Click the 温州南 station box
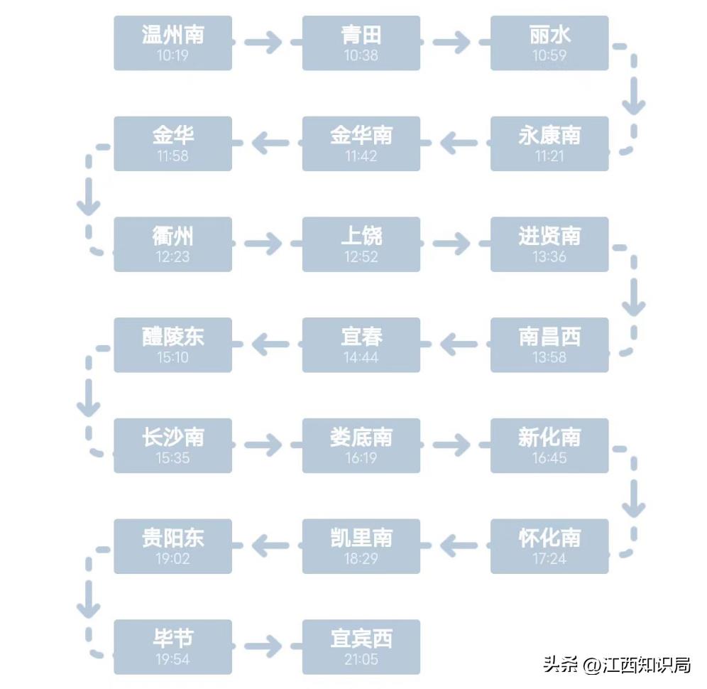pyautogui.click(x=172, y=43)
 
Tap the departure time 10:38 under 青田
pyautogui.click(x=361, y=55)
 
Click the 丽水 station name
pyautogui.click(x=549, y=34)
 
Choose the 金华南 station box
pyautogui.click(x=361, y=143)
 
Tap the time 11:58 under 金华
pyautogui.click(x=172, y=156)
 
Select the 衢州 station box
pyautogui.click(x=172, y=244)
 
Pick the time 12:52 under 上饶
pyautogui.click(x=361, y=257)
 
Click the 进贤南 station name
pyautogui.click(x=549, y=236)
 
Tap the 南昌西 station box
pyautogui.click(x=549, y=345)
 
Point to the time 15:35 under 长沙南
pyautogui.click(x=172, y=458)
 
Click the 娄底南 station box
pyautogui.click(x=361, y=445)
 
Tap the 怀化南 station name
pyautogui.click(x=549, y=538)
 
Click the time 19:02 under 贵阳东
pyautogui.click(x=172, y=559)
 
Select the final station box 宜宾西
pyautogui.click(x=361, y=647)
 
